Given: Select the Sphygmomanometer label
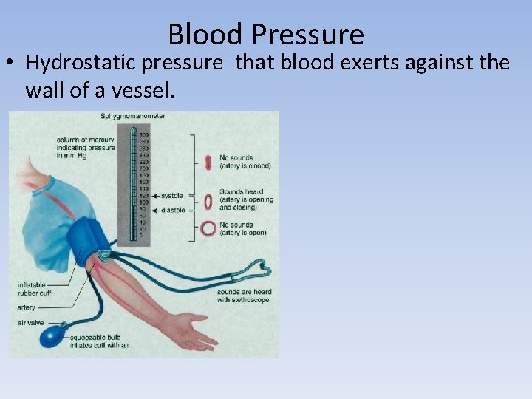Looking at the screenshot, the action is pyautogui.click(x=133, y=116).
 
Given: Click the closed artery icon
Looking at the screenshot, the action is pyautogui.click(x=208, y=162).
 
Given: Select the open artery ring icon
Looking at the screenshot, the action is pyautogui.click(x=208, y=228).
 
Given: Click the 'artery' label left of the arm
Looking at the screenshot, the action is pyautogui.click(x=27, y=307).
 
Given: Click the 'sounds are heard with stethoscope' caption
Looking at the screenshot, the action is pyautogui.click(x=244, y=296).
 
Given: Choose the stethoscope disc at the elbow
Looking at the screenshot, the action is pyautogui.click(x=103, y=255).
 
